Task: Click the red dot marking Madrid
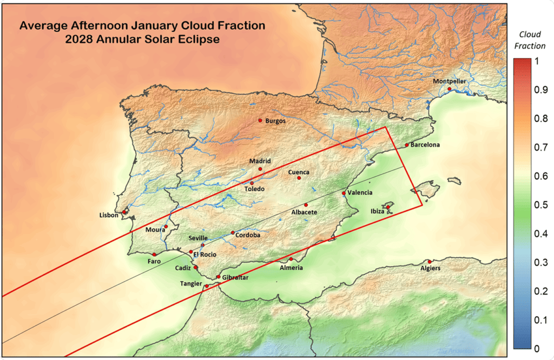[260, 169]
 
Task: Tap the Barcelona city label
[425, 145]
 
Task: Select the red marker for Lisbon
[124, 212]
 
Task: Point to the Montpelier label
[449, 81]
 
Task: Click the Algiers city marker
[430, 262]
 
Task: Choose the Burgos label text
[275, 121]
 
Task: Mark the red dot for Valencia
[344, 193]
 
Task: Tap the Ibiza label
[377, 211]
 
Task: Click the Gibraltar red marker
[218, 277]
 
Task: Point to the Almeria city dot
[291, 259]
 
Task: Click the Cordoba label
[248, 235]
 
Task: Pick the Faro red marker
[154, 254]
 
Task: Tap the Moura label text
[155, 230]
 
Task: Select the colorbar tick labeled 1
[536, 61]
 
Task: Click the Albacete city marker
[306, 205]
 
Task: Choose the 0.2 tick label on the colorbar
[537, 291]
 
